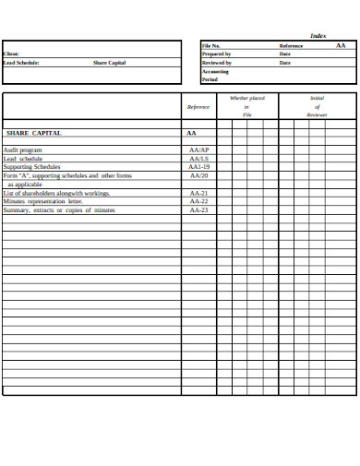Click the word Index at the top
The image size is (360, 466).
(318, 35)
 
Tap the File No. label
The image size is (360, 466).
(211, 45)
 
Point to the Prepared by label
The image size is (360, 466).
(216, 54)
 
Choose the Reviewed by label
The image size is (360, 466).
(216, 63)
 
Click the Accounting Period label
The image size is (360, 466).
(215, 76)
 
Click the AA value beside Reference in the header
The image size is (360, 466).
(341, 45)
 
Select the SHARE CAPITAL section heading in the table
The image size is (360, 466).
(34, 133)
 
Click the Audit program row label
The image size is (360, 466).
(23, 149)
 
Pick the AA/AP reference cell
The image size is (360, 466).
(198, 149)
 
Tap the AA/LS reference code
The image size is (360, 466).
(198, 159)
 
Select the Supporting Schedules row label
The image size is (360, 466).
(32, 167)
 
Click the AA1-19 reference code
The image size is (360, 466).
(198, 167)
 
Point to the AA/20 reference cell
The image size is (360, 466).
(198, 175)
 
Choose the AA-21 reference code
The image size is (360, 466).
(198, 194)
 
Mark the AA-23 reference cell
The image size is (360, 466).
(198, 210)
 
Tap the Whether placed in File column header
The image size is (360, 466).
(246, 106)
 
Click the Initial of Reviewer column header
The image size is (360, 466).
(317, 106)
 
